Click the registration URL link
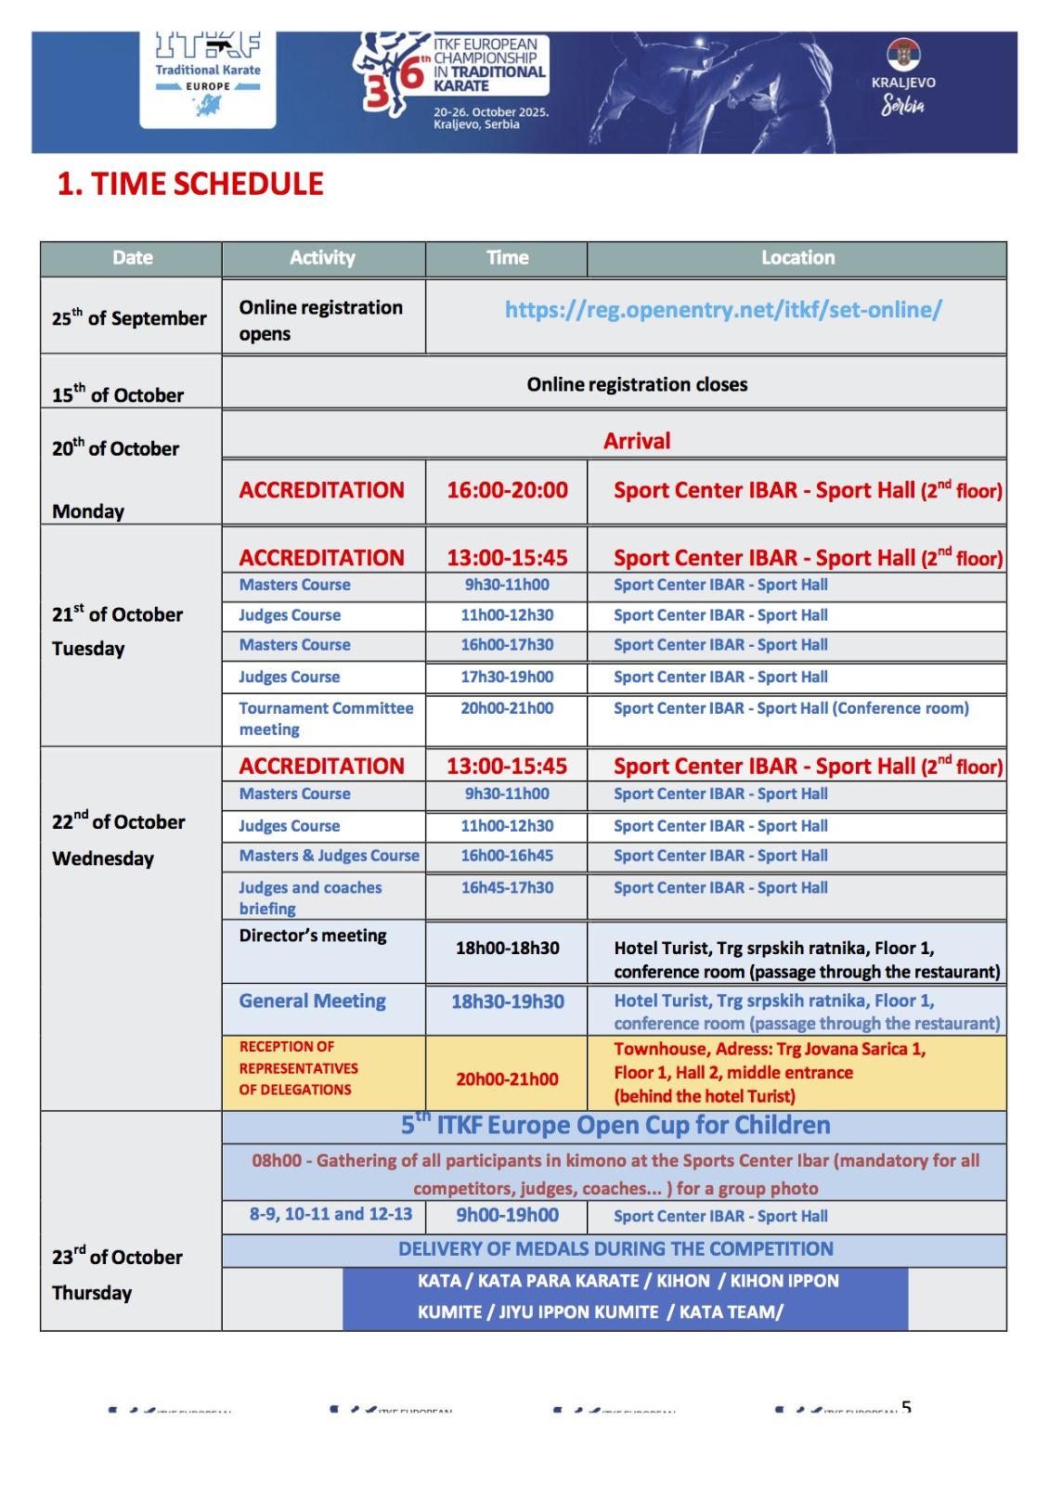pyautogui.click(x=723, y=310)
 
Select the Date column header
pyautogui.click(x=132, y=258)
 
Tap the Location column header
pyautogui.click(x=797, y=258)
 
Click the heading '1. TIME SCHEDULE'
pyautogui.click(x=190, y=184)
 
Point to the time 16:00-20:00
pyautogui.click(x=507, y=490)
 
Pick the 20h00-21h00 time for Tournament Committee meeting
pyautogui.click(x=507, y=708)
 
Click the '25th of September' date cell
pyautogui.click(x=129, y=317)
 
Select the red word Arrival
pyautogui.click(x=637, y=441)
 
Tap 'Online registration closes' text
pyautogui.click(x=637, y=384)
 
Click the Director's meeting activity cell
pyautogui.click(x=313, y=936)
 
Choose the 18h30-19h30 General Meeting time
pyautogui.click(x=507, y=1001)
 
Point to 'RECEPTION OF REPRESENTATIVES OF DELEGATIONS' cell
pyautogui.click(x=298, y=1068)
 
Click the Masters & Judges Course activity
pyautogui.click(x=329, y=856)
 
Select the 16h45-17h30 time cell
pyautogui.click(x=507, y=887)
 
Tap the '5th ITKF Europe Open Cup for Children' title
pyautogui.click(x=615, y=1126)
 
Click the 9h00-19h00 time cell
pyautogui.click(x=507, y=1215)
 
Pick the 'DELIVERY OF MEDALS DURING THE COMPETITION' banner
pyautogui.click(x=615, y=1249)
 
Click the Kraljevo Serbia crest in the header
pyautogui.click(x=902, y=56)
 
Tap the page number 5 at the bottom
pyautogui.click(x=906, y=1408)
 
